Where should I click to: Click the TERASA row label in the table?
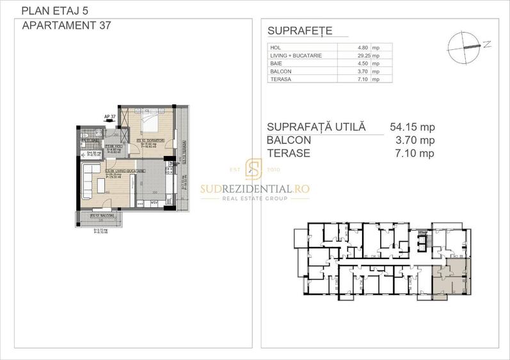(x=281, y=79)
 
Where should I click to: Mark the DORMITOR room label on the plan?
(x=151, y=141)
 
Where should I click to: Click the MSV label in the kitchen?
(x=154, y=203)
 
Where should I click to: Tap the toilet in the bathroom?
(x=85, y=136)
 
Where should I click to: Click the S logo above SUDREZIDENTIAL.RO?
(x=254, y=171)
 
